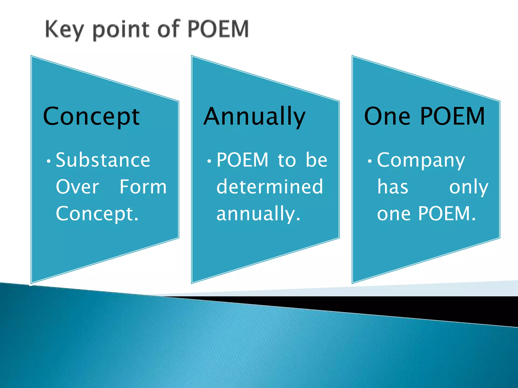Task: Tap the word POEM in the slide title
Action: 218,29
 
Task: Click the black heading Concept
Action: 91,117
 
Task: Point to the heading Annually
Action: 254,117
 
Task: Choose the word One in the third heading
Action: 387,117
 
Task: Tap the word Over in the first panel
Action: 77,187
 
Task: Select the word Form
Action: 143,187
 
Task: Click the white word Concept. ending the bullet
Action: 97,214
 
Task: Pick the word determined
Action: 270,187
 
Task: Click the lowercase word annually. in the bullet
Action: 258,214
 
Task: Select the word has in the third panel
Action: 393,187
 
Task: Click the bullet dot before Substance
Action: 49,161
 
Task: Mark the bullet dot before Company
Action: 370,161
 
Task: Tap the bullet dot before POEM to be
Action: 209,161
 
